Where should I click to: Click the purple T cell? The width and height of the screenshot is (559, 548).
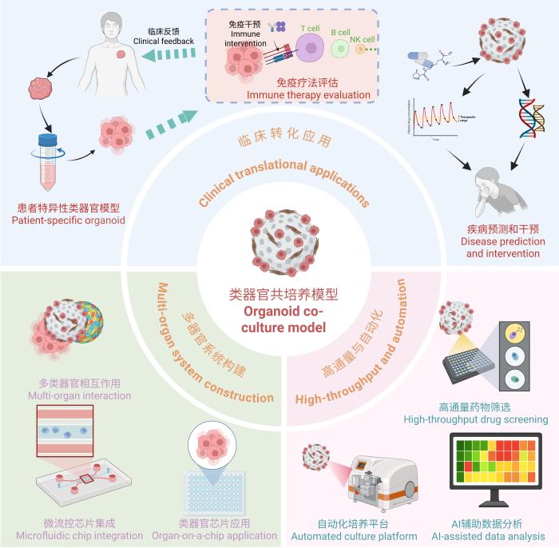(x=309, y=50)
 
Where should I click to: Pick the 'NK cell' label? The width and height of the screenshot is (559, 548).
(x=363, y=38)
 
